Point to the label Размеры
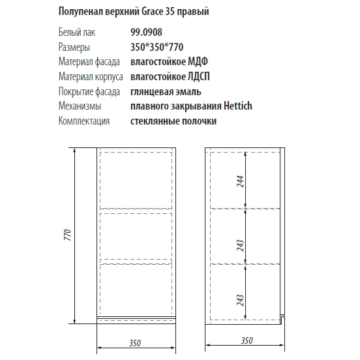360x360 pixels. [x=74, y=48]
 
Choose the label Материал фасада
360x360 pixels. [x=88, y=62]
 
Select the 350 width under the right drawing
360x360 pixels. [x=246, y=340]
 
